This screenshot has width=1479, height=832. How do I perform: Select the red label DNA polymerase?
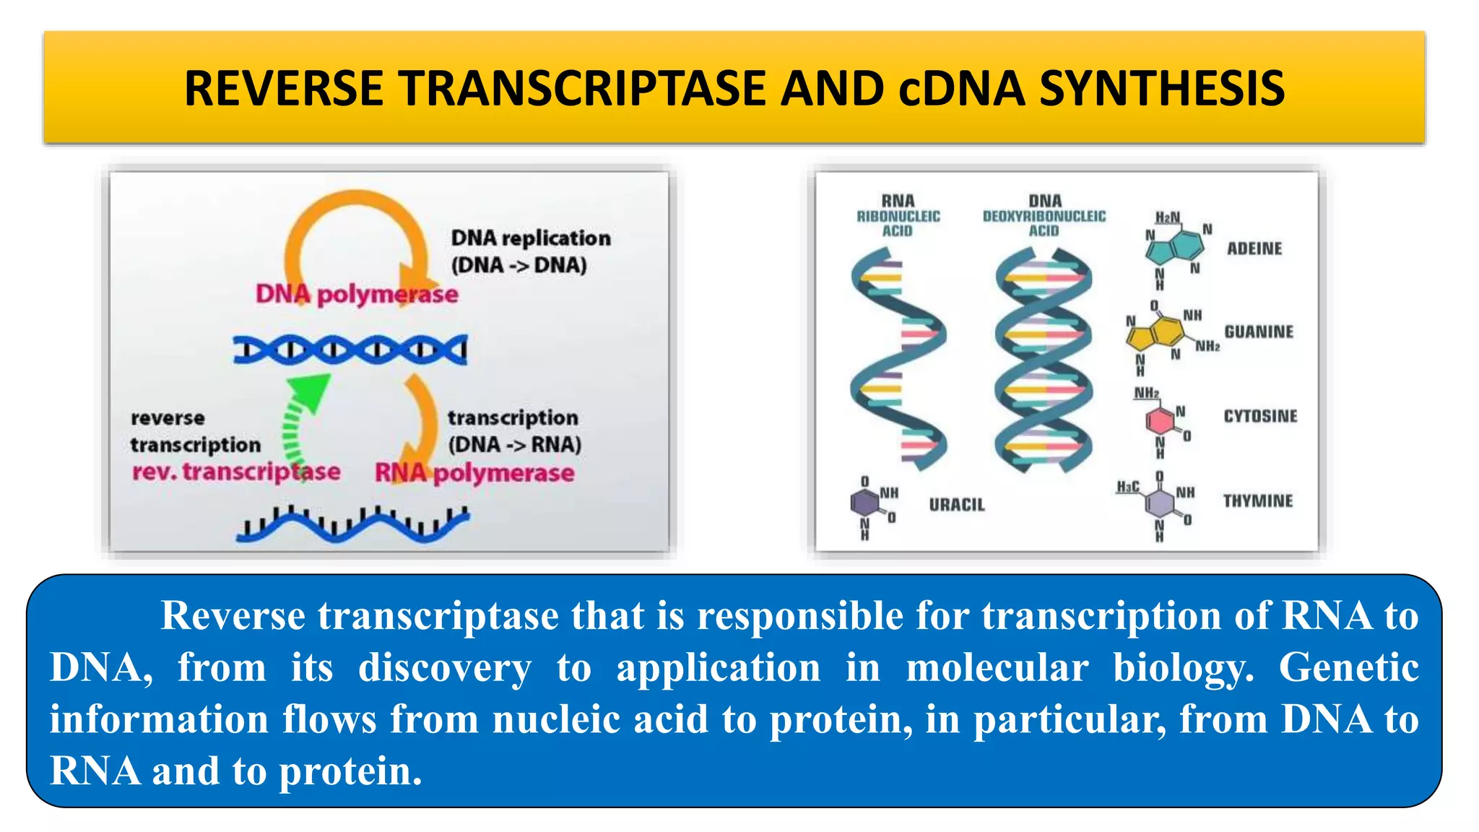357,294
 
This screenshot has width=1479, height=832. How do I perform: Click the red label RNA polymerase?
474,473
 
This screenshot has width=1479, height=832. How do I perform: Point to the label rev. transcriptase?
235,472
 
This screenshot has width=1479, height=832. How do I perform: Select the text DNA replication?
531,238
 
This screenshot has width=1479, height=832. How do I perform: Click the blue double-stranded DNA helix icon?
350,350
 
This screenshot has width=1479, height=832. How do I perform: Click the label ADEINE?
1254,248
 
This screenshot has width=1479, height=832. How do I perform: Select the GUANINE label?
1259,331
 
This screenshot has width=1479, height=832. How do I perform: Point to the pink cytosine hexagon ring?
1160,421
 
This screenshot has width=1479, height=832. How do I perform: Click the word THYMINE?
1257,500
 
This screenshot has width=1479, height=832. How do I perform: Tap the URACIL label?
957,505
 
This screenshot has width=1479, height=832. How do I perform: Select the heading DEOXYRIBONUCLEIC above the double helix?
1044,216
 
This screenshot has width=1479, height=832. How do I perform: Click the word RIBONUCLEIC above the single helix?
898,216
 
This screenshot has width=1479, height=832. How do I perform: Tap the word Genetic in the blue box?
1348,667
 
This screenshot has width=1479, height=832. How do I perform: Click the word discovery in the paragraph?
444,667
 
